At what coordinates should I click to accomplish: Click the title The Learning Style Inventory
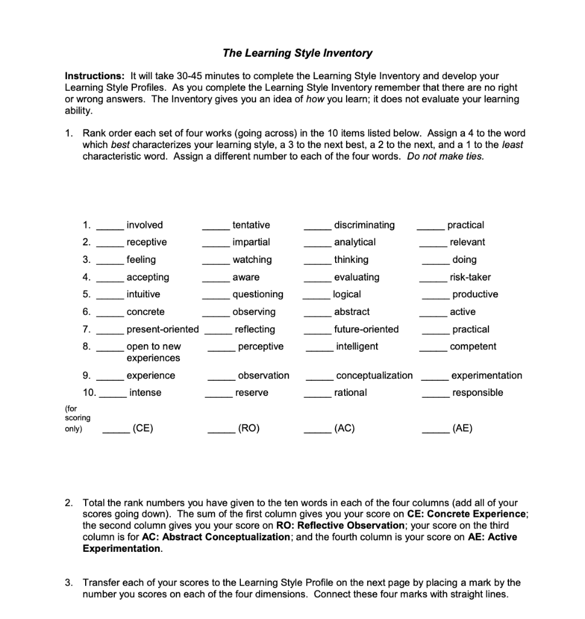coord(297,53)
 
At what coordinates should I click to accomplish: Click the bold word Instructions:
coord(95,76)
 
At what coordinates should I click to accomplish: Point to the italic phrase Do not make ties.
coord(446,156)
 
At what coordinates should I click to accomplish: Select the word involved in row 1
coord(144,225)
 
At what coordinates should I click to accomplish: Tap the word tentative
coord(251,225)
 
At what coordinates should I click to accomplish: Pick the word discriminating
coord(365,225)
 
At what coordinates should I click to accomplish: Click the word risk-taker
coord(470,277)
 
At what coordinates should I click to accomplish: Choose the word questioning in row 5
coord(258,294)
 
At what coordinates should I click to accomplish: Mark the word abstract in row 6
coord(352,312)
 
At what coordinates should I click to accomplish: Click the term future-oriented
coord(366,329)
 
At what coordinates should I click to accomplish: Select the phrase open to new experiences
coord(153,352)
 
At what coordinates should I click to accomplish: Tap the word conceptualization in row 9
coord(374,375)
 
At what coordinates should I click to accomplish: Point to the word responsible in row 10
coord(478,393)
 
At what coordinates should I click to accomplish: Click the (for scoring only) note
coord(77,418)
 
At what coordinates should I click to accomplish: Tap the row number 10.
coord(89,393)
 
